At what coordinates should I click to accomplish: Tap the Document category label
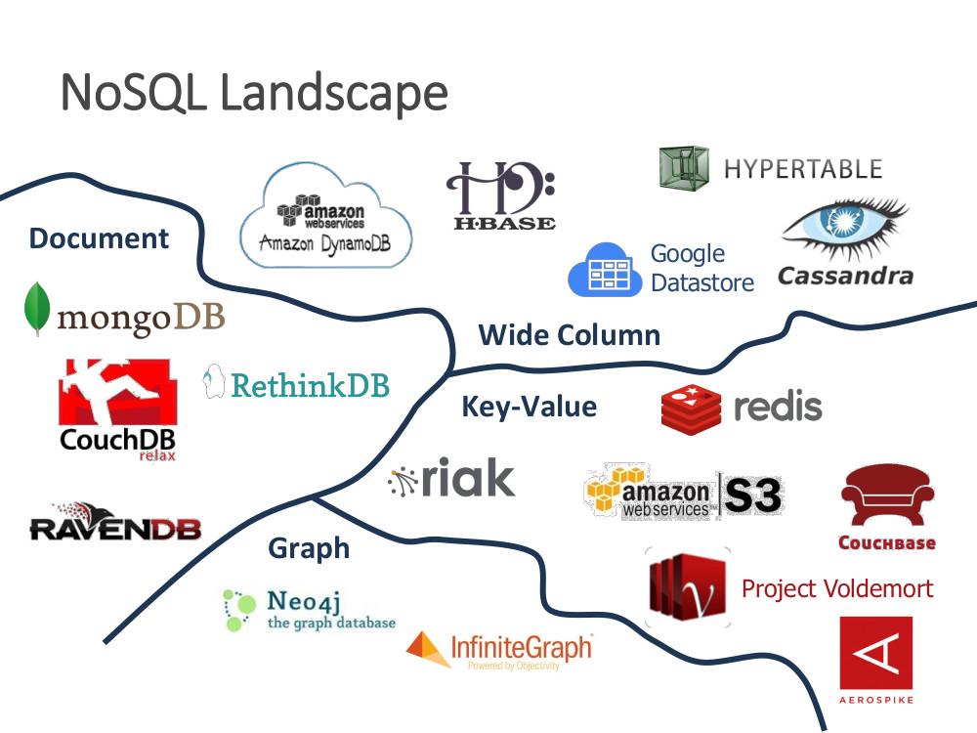[99, 238]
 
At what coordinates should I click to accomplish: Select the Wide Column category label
[569, 335]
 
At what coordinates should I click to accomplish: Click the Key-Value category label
[529, 406]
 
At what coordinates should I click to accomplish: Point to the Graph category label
[309, 548]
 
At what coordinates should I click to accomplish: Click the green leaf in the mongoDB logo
[38, 309]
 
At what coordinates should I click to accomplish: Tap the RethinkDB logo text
[310, 384]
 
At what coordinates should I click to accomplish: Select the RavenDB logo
[114, 523]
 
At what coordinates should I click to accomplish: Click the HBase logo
[500, 195]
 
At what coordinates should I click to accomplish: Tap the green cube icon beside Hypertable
[683, 167]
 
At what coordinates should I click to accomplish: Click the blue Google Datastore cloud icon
[605, 270]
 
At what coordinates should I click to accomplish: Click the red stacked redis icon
[691, 409]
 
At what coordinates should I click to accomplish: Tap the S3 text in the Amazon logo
[752, 496]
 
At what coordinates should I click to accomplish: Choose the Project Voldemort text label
[837, 588]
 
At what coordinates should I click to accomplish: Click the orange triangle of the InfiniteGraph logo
[428, 649]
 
